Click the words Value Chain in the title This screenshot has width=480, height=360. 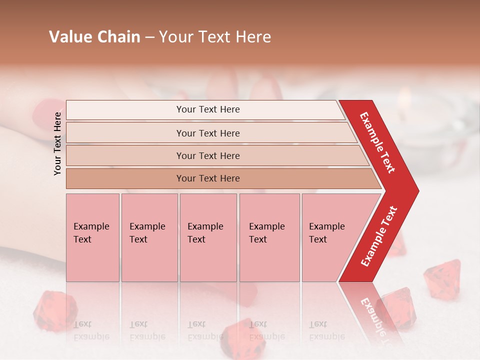[x=94, y=37]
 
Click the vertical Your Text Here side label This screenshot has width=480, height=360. [x=57, y=143]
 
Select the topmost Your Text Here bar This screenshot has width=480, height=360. [x=207, y=109]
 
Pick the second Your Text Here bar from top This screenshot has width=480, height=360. [x=207, y=133]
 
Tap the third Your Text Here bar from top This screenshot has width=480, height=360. [x=207, y=155]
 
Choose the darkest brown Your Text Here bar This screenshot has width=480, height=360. [x=207, y=178]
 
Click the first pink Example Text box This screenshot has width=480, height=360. [x=92, y=237]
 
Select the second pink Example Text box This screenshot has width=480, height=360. [x=149, y=237]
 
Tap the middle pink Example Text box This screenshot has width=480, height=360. [x=208, y=237]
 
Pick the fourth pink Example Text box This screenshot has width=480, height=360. [x=269, y=237]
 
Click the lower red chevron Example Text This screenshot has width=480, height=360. [x=379, y=236]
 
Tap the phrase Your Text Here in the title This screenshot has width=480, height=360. [x=215, y=37]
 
